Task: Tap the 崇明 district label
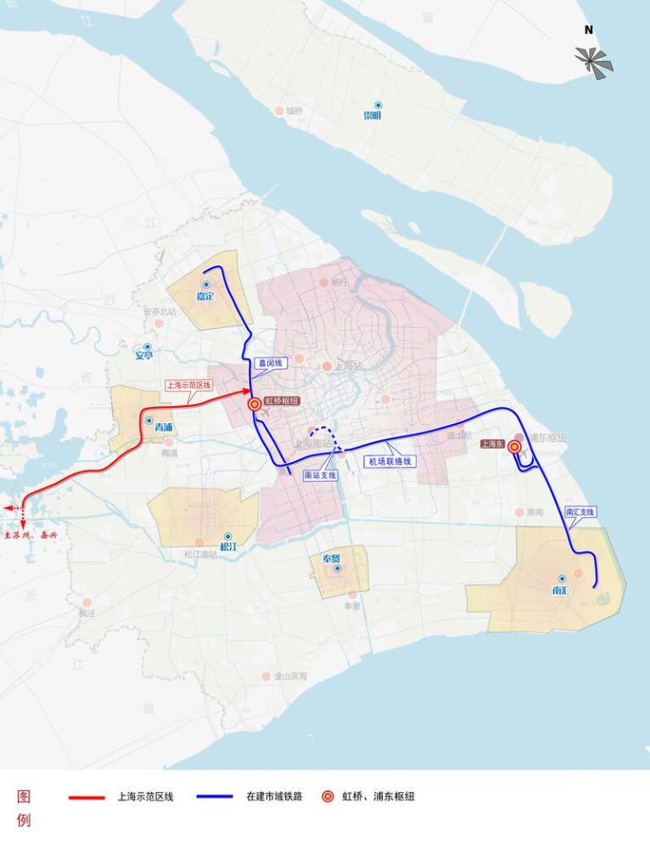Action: click(373, 115)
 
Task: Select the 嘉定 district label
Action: click(205, 296)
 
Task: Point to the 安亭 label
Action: click(145, 355)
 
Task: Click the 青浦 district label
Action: click(163, 427)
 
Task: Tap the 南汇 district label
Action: click(560, 589)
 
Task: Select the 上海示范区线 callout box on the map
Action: click(188, 384)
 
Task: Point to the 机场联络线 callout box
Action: click(389, 461)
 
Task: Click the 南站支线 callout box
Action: click(321, 475)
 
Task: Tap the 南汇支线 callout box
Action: click(580, 512)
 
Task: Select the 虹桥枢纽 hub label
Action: click(282, 401)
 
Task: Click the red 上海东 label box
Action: click(492, 444)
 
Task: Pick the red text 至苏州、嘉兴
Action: click(31, 535)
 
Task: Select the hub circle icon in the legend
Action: click(328, 797)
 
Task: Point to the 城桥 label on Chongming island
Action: click(294, 111)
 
